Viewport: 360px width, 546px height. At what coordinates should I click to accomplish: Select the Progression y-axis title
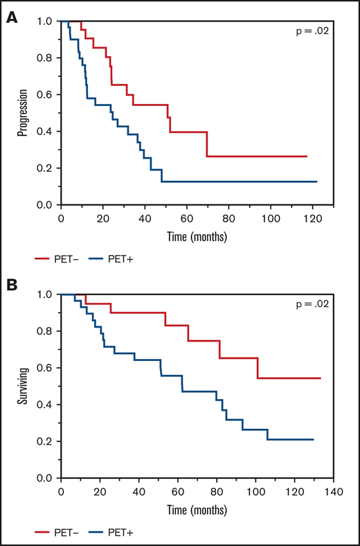point(23,113)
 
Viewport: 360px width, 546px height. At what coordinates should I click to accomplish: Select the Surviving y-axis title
point(23,386)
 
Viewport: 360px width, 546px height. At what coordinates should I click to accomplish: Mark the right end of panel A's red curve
point(307,157)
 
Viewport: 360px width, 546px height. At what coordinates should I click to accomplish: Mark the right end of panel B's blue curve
point(314,440)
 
